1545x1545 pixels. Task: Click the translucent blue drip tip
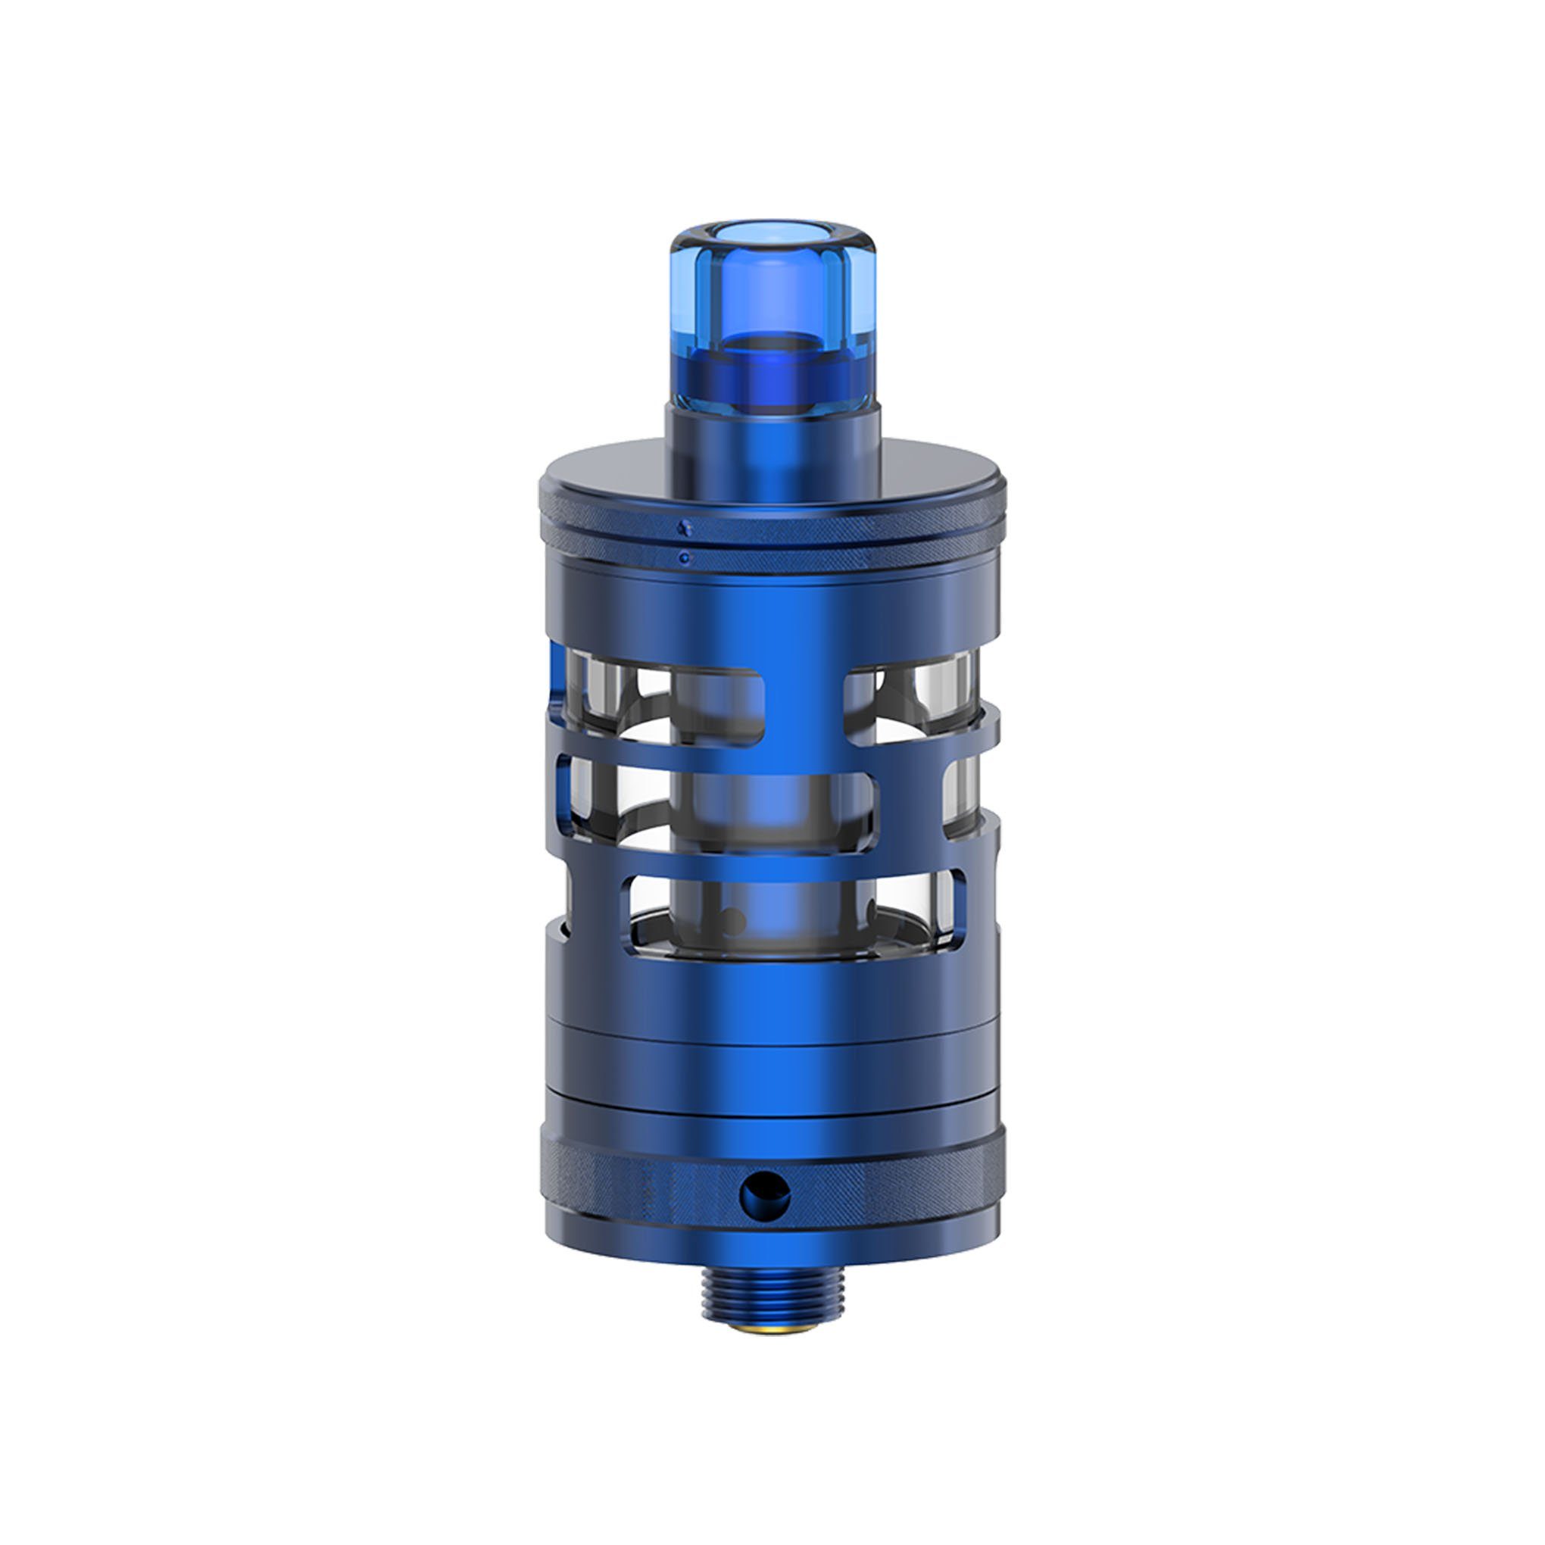click(x=771, y=320)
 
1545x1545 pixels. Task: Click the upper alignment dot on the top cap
click(x=682, y=527)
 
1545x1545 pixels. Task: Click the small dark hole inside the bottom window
click(x=729, y=920)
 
